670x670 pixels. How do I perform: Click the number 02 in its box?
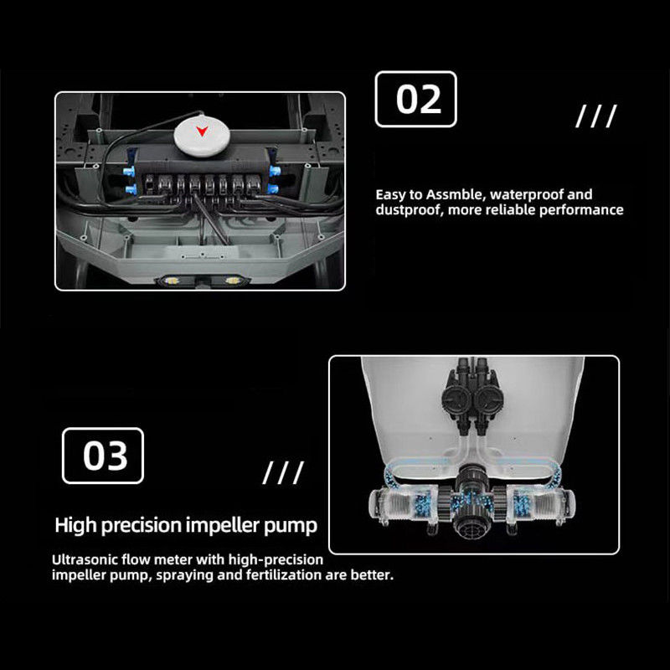pyautogui.click(x=418, y=99)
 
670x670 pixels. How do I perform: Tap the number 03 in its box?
pyautogui.click(x=106, y=456)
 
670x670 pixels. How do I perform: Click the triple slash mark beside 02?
pyautogui.click(x=596, y=116)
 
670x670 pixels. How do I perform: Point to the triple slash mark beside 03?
pyautogui.click(x=283, y=472)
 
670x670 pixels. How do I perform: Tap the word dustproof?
pyautogui.click(x=408, y=210)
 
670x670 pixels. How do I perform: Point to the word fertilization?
pyautogui.click(x=284, y=575)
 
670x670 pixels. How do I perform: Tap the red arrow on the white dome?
pyautogui.click(x=202, y=131)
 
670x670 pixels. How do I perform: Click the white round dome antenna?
pyautogui.click(x=202, y=136)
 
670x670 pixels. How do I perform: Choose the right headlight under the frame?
pyautogui.click(x=233, y=281)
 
